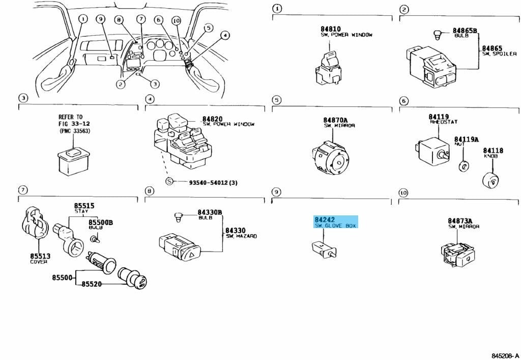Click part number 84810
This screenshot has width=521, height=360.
click(331, 29)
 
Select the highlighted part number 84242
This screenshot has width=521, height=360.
click(325, 219)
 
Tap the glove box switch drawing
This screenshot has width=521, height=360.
click(323, 249)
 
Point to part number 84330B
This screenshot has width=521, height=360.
click(210, 212)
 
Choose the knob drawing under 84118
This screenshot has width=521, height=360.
click(492, 180)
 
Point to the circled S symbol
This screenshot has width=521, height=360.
click(169, 182)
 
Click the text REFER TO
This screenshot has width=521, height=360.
click(70, 117)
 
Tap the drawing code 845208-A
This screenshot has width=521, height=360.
click(505, 355)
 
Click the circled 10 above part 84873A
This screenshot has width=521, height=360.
click(403, 193)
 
